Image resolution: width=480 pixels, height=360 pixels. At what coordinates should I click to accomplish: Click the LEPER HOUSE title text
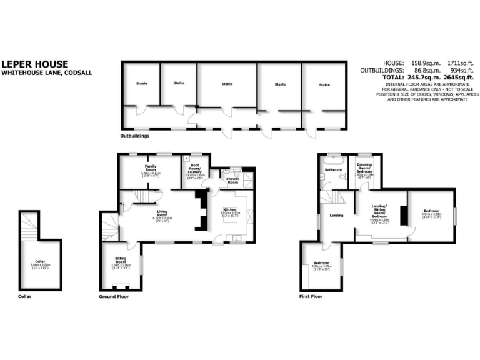pos(29,64)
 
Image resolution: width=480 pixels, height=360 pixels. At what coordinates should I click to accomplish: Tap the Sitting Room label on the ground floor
pos(122,261)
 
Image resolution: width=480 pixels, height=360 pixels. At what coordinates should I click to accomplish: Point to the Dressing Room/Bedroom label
pos(364,169)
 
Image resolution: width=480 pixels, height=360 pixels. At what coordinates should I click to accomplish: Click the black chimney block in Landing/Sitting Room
pos(403,216)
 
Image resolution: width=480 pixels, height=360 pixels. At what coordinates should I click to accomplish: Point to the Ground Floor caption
pos(114,296)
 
